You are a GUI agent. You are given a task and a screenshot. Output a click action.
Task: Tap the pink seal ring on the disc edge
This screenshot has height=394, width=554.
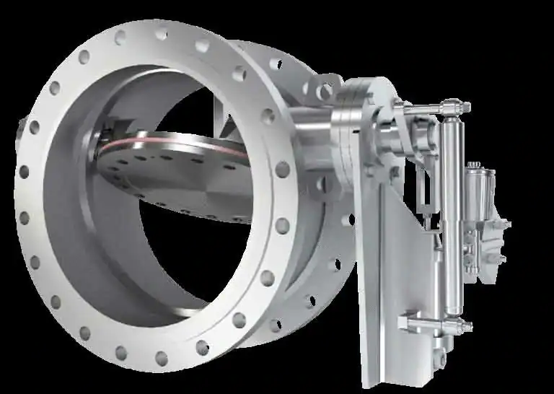(144, 138)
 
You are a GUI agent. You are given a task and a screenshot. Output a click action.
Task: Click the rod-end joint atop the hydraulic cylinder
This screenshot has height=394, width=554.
(455, 108)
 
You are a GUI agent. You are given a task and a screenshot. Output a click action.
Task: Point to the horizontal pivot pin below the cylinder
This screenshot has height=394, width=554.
(433, 320)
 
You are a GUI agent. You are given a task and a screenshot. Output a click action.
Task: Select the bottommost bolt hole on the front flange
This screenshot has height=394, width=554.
(162, 358)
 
